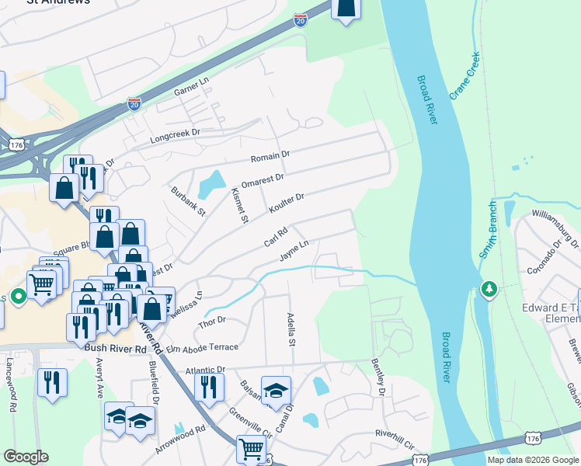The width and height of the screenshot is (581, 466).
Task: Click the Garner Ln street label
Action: click(192, 86)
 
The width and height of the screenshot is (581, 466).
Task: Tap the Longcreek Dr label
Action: click(174, 137)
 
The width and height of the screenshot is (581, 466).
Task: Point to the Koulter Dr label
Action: click(286, 203)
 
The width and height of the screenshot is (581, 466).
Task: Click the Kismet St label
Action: click(239, 205)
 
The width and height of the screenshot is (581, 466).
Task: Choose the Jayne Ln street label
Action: click(294, 250)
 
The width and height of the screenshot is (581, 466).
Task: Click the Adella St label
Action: click(292, 331)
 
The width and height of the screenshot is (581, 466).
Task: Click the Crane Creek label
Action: click(464, 75)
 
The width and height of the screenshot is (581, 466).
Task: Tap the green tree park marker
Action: click(489, 289)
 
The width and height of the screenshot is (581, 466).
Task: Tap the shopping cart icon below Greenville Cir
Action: click(251, 448)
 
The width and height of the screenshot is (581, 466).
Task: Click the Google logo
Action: click(26, 457)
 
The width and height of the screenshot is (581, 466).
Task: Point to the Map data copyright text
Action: click(532, 460)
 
